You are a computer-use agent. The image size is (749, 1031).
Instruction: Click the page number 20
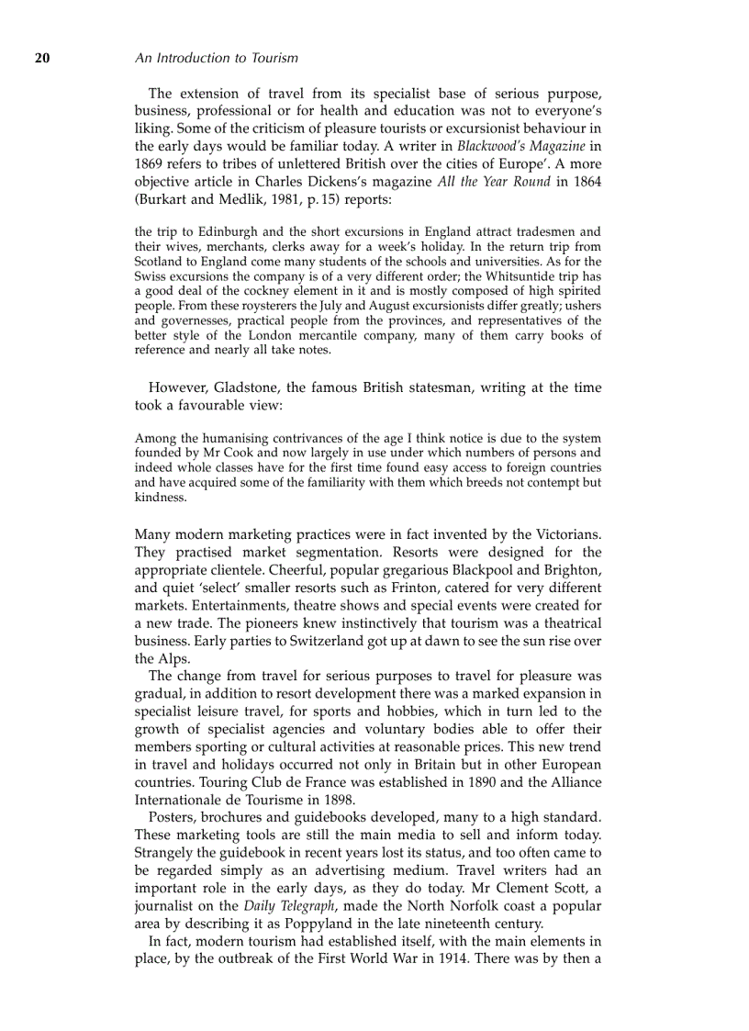point(42,58)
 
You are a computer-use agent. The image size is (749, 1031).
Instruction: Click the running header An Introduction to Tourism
point(216,58)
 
